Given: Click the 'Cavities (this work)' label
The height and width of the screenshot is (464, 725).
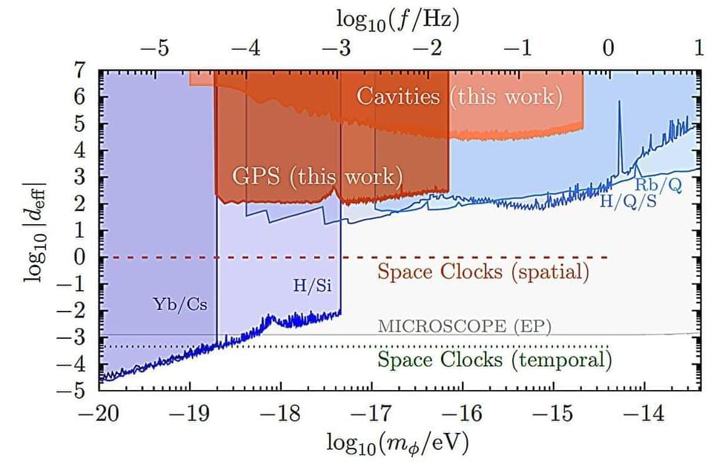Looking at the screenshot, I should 459,96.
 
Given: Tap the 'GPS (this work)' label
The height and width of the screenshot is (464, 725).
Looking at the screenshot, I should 317,177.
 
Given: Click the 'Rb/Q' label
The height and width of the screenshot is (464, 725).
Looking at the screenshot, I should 659,184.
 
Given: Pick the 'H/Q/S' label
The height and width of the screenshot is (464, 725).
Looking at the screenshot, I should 628,200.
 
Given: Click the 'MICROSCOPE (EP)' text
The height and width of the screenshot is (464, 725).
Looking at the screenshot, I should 465,326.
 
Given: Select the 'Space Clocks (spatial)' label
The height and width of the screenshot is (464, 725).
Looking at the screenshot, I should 483,272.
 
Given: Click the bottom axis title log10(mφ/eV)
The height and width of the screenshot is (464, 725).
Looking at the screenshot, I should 397,442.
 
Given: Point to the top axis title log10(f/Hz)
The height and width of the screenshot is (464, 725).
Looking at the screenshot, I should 398,19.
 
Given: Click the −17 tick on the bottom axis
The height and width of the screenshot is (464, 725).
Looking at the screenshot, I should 372,413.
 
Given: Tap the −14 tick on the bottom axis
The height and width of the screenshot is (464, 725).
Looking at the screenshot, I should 644,413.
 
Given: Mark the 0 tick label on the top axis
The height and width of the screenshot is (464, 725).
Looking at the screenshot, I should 608,49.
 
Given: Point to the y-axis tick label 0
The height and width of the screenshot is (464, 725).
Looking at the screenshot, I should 79,258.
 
